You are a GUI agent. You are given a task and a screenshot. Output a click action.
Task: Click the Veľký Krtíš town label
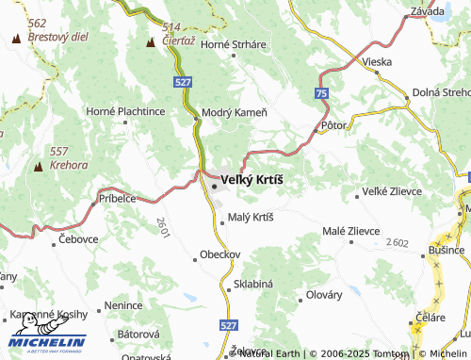click(251, 180)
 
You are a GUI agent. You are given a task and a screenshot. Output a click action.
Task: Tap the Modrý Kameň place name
click(235, 112)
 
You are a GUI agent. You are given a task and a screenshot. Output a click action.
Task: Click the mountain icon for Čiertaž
click(151, 42)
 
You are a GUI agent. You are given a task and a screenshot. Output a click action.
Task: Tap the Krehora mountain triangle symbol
click(39, 167)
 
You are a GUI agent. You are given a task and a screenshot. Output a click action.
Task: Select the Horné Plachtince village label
click(125, 112)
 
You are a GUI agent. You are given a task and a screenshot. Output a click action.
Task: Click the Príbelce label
click(118, 199)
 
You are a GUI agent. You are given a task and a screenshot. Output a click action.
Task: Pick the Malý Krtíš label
click(251, 218)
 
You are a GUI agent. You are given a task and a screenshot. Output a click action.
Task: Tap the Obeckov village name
click(220, 254)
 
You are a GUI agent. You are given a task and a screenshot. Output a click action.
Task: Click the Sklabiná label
click(252, 284)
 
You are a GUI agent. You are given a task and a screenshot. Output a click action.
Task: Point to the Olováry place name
click(325, 294)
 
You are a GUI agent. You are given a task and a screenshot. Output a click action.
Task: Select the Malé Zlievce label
click(351, 231)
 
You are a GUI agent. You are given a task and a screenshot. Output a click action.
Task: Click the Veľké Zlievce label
click(391, 193)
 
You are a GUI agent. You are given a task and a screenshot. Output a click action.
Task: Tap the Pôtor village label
click(334, 124)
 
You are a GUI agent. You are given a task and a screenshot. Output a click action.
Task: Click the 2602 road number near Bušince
click(397, 243)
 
